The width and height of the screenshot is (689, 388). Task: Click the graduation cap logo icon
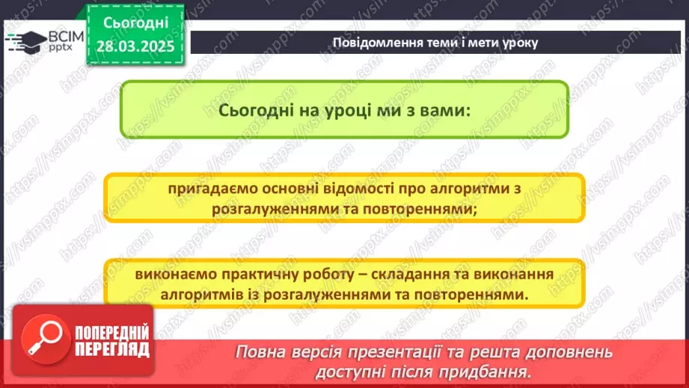click(25, 40)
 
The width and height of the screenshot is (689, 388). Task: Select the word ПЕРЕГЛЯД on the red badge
click(112, 349)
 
